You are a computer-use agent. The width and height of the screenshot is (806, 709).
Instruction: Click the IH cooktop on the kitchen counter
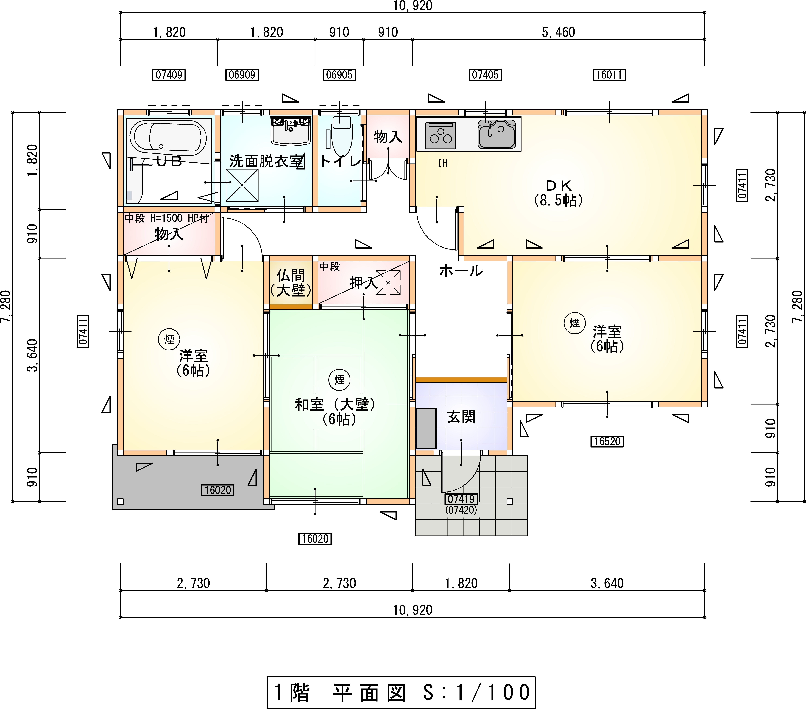(x=440, y=135)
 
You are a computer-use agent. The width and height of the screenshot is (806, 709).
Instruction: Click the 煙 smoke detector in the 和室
(x=339, y=380)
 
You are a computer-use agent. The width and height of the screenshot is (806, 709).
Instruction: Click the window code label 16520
(x=607, y=441)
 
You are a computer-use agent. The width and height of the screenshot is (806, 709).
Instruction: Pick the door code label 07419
(x=461, y=499)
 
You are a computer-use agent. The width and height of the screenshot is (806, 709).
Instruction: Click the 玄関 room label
(x=461, y=417)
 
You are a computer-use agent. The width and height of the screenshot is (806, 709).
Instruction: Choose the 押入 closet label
(x=364, y=282)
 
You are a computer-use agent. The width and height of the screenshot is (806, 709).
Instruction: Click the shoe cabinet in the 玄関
(x=426, y=428)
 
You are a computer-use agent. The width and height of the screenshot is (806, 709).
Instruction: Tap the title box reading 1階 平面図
(x=401, y=692)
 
